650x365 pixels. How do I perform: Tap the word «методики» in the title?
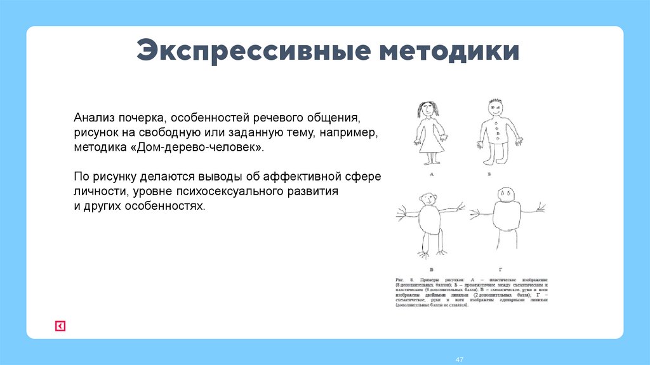(x=449, y=52)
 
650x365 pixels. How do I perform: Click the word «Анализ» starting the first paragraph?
(x=95, y=119)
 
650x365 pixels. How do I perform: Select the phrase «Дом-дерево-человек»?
(x=208, y=147)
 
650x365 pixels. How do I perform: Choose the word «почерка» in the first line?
(x=143, y=119)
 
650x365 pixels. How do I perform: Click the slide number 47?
(x=460, y=360)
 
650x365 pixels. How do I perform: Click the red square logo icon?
(x=60, y=326)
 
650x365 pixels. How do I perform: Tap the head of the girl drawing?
(x=429, y=110)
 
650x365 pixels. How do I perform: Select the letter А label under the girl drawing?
(x=432, y=173)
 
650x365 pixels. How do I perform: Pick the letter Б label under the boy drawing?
(x=489, y=173)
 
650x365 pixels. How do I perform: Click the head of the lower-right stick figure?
(x=506, y=193)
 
